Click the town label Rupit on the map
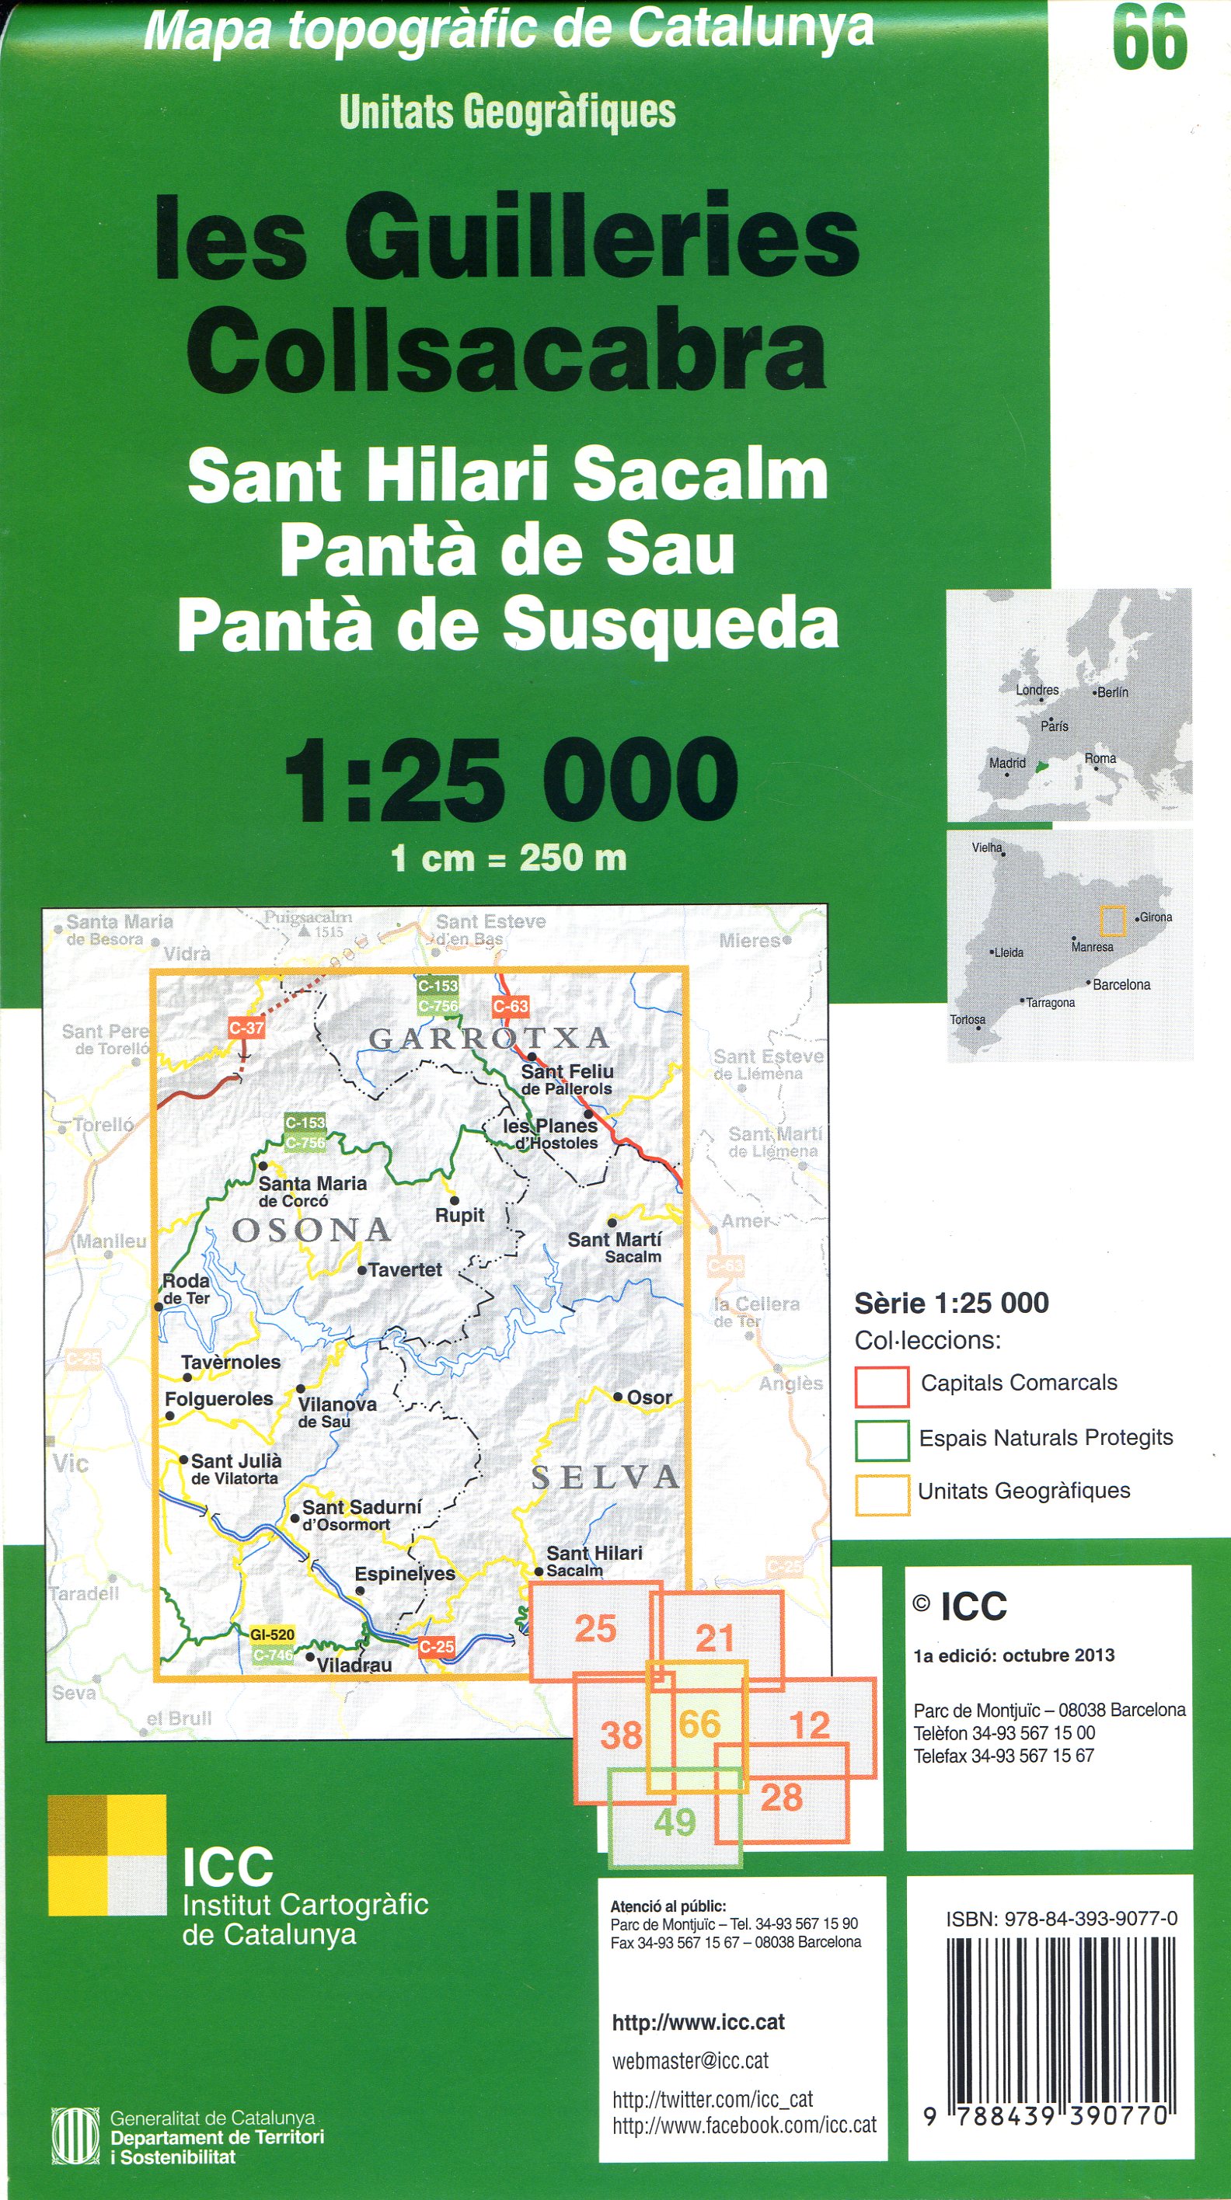point(459,1214)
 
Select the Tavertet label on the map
point(404,1270)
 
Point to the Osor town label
point(648,1398)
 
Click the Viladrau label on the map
point(354,1665)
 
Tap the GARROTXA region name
point(490,1039)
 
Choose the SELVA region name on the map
point(605,1478)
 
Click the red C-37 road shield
point(246,1029)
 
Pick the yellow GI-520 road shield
point(272,1634)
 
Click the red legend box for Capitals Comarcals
point(881,1386)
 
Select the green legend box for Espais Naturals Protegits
point(881,1440)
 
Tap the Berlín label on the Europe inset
point(1112,693)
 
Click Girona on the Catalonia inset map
point(1156,917)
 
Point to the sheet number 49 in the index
point(675,1822)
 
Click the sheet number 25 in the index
point(595,1629)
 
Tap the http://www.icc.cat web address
point(698,2022)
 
